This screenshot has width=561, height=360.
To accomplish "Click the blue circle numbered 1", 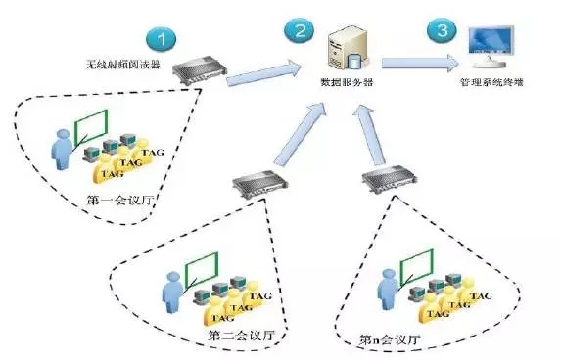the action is [x=162, y=38].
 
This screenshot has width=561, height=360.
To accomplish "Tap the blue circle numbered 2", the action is [x=300, y=30].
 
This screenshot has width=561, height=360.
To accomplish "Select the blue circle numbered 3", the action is [x=443, y=30].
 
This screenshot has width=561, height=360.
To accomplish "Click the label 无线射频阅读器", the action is [x=123, y=65].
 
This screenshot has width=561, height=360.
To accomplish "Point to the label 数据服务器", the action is [x=347, y=82].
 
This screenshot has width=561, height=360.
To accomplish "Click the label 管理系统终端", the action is [x=491, y=82].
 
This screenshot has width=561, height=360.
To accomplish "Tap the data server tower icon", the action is [x=347, y=49].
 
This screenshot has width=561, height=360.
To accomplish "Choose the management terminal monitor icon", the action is [x=491, y=47].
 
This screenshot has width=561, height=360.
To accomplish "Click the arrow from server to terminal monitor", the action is [x=420, y=64].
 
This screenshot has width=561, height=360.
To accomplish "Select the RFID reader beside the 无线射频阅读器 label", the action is [x=200, y=70].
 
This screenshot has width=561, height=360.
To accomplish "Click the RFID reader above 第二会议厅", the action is [x=260, y=184].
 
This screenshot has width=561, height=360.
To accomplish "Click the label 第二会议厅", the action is [x=242, y=336].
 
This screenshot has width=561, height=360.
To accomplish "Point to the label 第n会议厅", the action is [x=390, y=339].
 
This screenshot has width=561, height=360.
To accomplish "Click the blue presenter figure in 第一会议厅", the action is [x=63, y=150].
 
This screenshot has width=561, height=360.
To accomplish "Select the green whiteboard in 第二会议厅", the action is [x=201, y=269].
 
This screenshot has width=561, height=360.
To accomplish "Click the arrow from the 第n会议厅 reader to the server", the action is [x=368, y=135].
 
